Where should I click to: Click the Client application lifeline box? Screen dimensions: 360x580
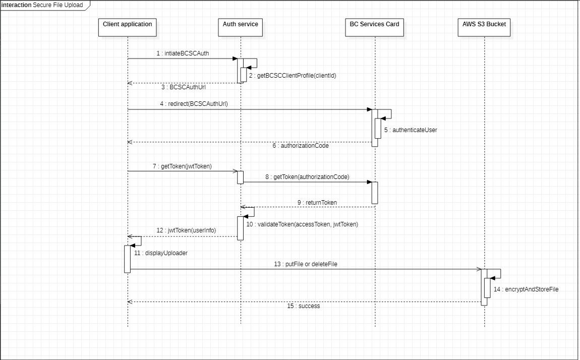(x=127, y=27)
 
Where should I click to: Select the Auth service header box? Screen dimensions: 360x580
(x=241, y=27)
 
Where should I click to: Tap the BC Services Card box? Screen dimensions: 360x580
(x=375, y=27)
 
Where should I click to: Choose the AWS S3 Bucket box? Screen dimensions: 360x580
(x=484, y=27)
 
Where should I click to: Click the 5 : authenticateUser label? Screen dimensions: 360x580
(x=411, y=130)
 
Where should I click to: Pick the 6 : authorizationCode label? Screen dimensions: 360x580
(x=301, y=146)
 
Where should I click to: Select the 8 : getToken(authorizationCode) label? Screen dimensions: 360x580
(x=307, y=177)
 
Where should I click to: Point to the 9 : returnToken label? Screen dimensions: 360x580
(x=317, y=203)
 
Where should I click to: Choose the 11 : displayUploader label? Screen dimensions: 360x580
(x=161, y=253)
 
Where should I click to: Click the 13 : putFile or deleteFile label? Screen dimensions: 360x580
(x=306, y=264)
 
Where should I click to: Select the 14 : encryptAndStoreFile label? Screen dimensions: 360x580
(x=526, y=290)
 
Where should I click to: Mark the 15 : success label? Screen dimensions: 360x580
(x=303, y=306)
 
